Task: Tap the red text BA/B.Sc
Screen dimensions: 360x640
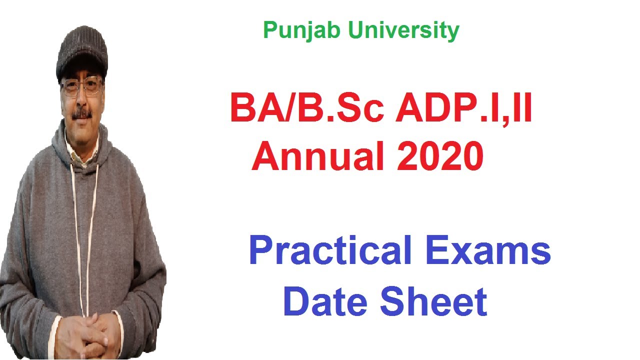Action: [307, 110]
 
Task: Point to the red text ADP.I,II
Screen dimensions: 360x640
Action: [463, 110]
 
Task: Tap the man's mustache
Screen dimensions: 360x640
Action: [81, 113]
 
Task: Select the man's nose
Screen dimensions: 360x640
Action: [81, 100]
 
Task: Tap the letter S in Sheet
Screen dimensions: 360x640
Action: [393, 301]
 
